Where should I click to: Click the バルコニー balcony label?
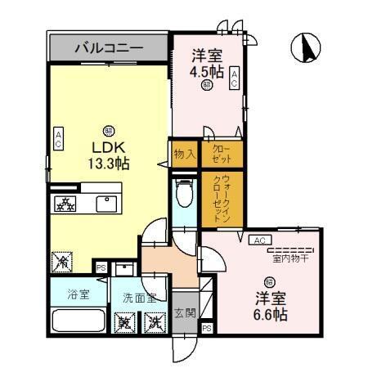(109, 48)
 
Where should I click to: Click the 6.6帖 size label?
(269, 312)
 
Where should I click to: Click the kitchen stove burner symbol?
(63, 204)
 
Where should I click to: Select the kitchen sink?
(106, 204)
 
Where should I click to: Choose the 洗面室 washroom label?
(139, 298)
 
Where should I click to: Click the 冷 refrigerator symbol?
(62, 262)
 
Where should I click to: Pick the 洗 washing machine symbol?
(154, 322)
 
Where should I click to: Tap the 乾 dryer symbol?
(125, 322)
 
